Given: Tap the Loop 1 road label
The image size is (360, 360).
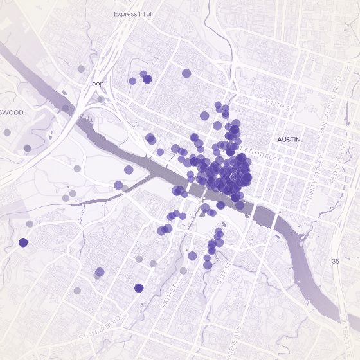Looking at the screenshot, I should (x=98, y=84).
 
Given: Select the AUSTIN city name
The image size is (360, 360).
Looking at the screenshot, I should (x=289, y=139).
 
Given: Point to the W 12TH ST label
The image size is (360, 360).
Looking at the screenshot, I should (x=278, y=103).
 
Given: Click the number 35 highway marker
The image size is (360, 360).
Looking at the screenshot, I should (x=335, y=261).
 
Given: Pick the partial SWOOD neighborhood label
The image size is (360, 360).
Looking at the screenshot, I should (x=12, y=113).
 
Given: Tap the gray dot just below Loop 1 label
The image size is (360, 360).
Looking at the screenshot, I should (x=101, y=99).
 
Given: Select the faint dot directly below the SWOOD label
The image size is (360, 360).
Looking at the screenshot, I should (x=7, y=132).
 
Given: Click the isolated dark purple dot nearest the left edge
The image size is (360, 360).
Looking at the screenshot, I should (x=23, y=242).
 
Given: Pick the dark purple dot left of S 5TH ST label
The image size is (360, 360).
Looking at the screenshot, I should (x=139, y=287).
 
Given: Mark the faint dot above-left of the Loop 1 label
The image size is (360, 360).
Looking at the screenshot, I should (x=80, y=69).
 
